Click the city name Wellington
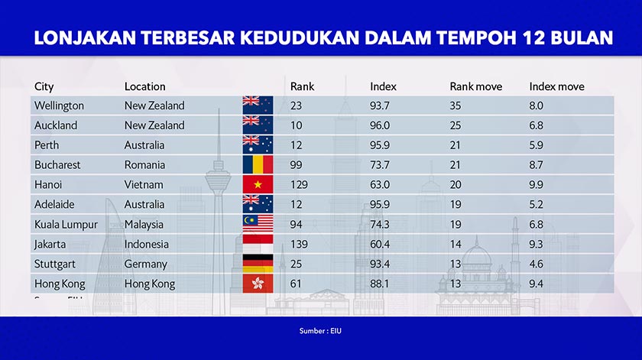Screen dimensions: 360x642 59,105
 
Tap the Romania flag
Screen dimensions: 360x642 258,164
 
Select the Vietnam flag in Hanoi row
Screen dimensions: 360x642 258,184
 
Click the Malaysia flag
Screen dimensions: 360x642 258,224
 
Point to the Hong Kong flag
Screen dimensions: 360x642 258,284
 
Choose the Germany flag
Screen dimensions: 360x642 258,264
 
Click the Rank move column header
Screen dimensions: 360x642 475,86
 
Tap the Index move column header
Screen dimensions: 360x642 556,86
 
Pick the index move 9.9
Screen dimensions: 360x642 537,185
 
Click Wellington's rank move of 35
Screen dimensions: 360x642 456,105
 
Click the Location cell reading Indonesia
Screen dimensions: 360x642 148,245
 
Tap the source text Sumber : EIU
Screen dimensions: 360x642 320,332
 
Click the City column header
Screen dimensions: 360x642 44,86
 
